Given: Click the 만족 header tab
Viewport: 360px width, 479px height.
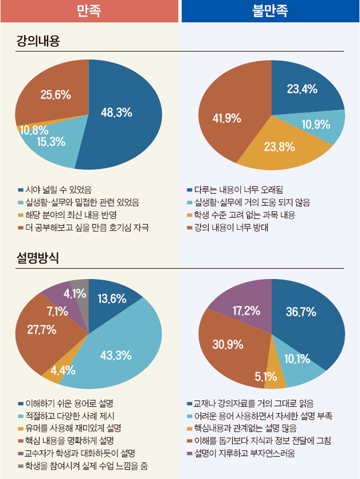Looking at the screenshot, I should (x=90, y=11).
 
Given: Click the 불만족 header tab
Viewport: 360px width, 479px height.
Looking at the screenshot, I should (x=270, y=11).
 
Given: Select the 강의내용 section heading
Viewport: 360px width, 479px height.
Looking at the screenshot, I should (x=39, y=41).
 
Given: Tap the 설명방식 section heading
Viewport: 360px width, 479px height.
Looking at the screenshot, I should (x=39, y=258).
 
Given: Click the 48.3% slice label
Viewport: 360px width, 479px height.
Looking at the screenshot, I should (x=116, y=112).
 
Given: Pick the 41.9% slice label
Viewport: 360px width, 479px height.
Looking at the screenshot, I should (x=227, y=118).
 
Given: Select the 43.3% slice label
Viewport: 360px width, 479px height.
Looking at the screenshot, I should (x=115, y=354).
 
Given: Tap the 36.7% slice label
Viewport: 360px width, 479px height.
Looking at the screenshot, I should (x=301, y=312).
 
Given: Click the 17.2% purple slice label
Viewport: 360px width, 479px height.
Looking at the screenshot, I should (x=246, y=311).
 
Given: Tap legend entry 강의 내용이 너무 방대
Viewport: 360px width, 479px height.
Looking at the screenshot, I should (x=232, y=228).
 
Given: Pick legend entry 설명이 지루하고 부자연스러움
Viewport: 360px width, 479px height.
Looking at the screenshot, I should (x=244, y=454).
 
